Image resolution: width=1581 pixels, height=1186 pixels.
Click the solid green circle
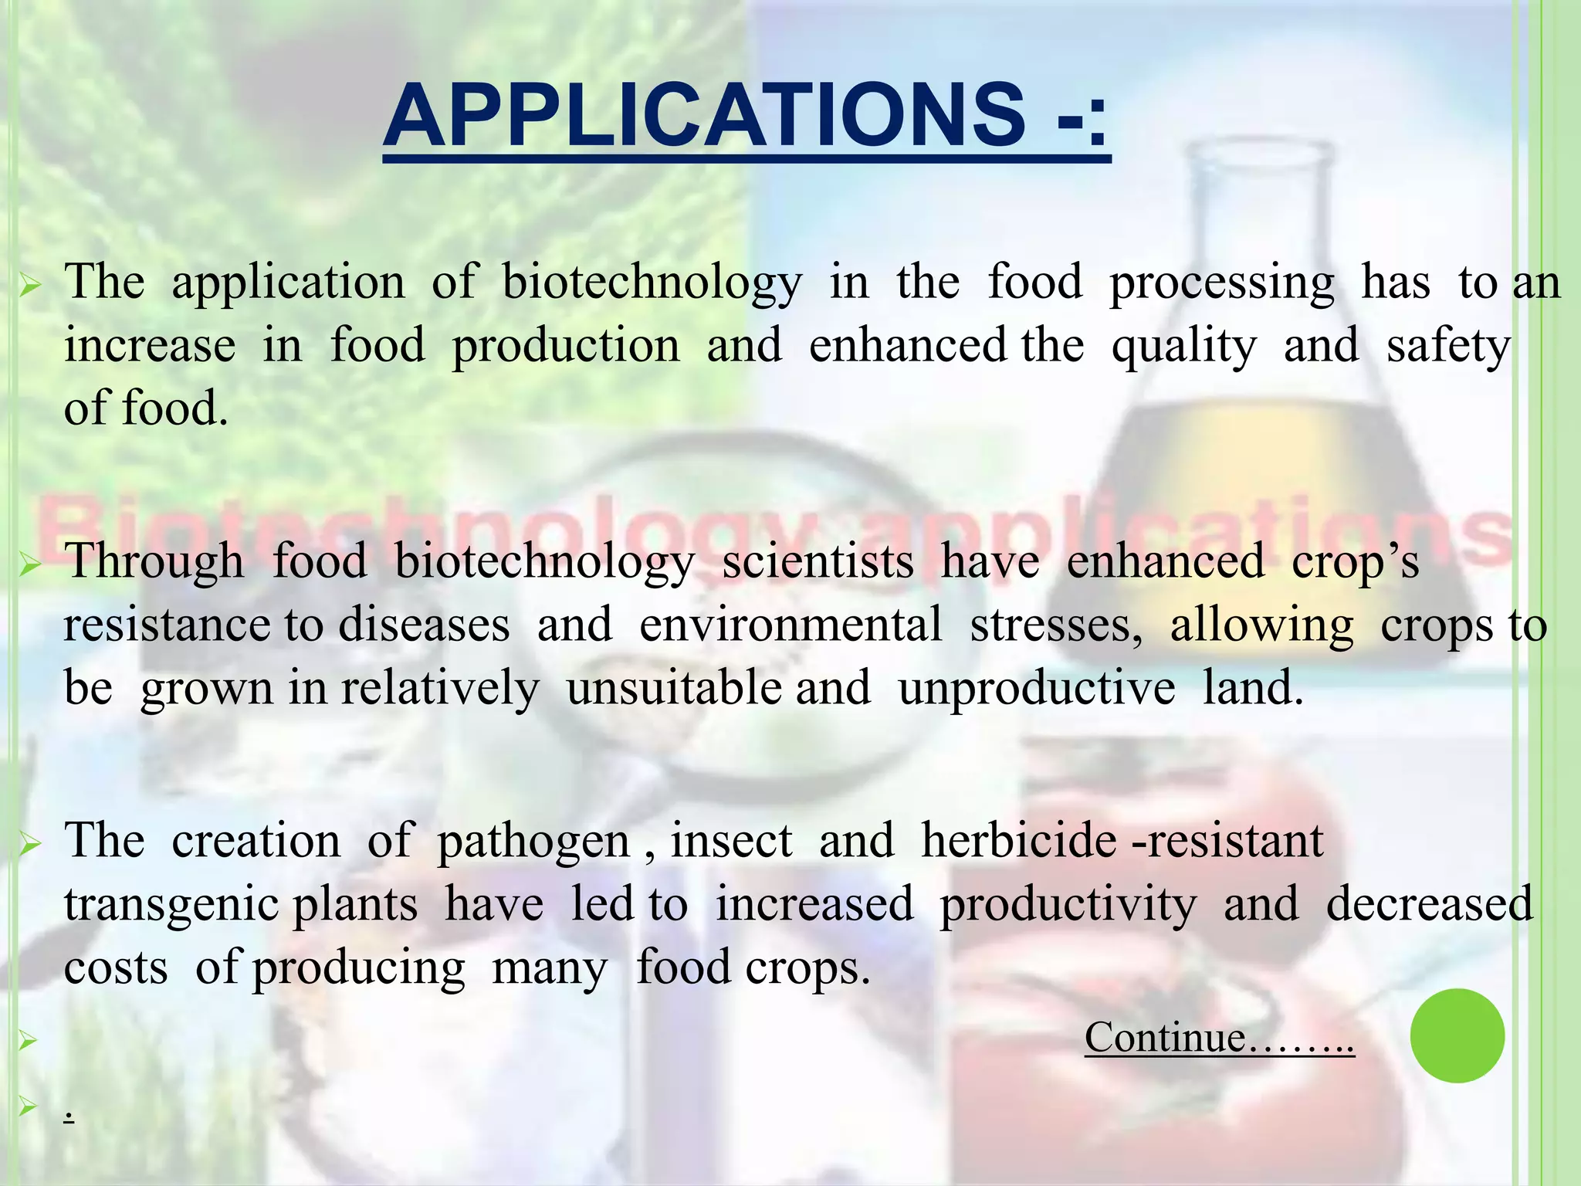tap(1457, 1035)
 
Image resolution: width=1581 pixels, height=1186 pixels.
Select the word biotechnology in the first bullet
tap(652, 283)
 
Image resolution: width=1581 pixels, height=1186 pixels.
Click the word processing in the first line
tap(1221, 283)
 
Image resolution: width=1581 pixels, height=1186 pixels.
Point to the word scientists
tap(818, 561)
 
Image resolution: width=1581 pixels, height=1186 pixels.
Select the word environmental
tap(790, 625)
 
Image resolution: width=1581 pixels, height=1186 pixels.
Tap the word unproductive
tap(1036, 688)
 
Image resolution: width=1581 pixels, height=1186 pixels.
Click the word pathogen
tap(533, 842)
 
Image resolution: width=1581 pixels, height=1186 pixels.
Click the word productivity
tap(1068, 905)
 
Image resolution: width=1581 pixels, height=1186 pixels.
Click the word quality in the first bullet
tap(1183, 347)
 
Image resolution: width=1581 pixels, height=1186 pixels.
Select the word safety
tap(1447, 347)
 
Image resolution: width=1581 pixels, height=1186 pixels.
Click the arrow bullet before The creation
tap(29, 846)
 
